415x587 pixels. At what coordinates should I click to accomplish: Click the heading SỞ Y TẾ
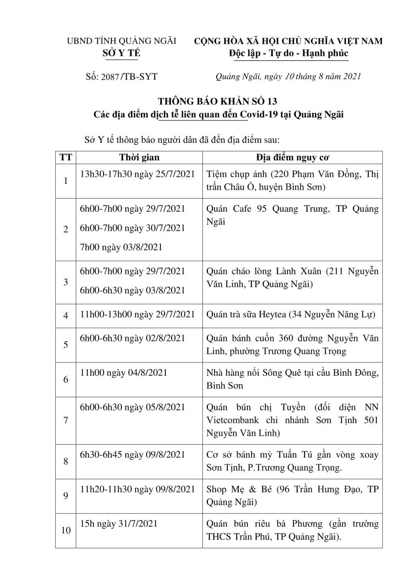121,53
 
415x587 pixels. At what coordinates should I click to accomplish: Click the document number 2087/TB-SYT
122,76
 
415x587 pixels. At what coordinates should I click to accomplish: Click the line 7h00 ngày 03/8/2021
121,248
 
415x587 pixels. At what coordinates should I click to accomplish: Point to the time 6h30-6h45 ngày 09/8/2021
132,454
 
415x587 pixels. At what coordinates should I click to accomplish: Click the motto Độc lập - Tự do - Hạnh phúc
289,53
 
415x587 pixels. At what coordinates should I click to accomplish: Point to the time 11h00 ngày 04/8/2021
123,373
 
